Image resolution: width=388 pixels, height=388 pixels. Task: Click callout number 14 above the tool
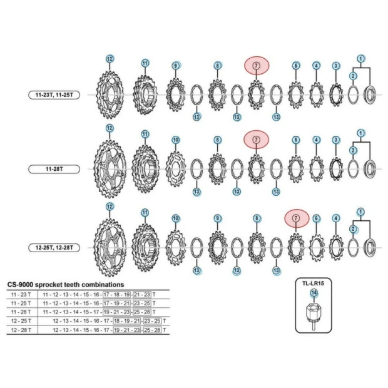click(x=314, y=293)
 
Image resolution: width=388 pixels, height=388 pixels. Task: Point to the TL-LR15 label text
click(x=313, y=283)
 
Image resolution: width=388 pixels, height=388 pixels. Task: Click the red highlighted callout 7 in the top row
click(x=255, y=65)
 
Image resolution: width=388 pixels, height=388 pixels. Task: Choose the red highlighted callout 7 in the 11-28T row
click(x=255, y=139)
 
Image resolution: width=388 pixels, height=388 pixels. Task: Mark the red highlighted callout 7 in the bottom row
click(x=296, y=218)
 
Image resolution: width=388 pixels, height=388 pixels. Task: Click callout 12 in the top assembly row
click(x=110, y=59)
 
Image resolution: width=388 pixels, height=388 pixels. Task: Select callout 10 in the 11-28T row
click(x=176, y=140)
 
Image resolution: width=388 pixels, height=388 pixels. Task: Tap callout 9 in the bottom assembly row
click(x=217, y=218)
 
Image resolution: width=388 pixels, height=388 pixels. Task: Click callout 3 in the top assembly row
click(x=336, y=66)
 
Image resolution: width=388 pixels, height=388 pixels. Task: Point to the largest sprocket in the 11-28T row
click(x=110, y=169)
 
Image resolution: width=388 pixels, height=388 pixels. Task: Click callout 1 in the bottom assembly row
click(x=360, y=212)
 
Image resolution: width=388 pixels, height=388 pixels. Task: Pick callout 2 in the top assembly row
click(x=353, y=76)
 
